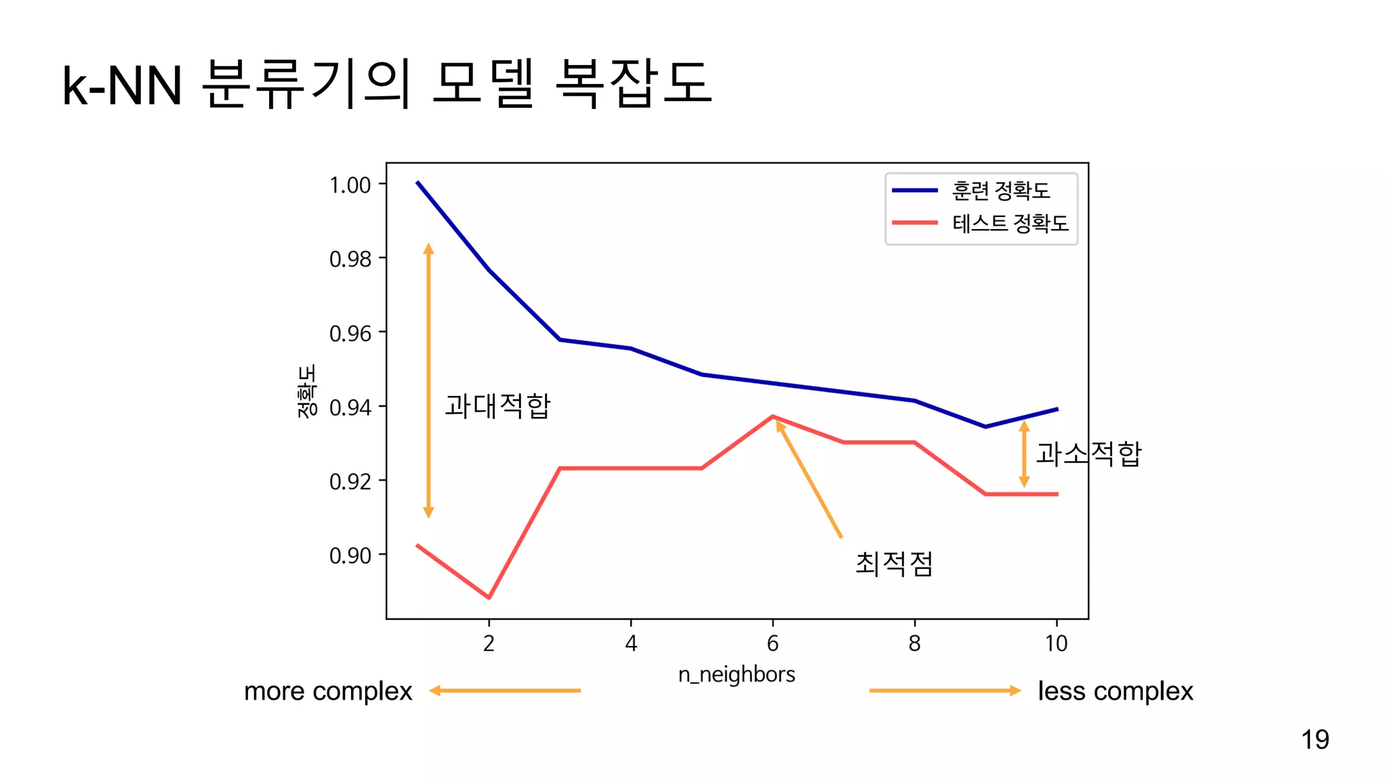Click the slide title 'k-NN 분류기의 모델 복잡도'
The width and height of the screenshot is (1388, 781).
386,84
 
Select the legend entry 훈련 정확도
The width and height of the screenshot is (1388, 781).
1000,191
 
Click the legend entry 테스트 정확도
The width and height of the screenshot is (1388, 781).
1010,223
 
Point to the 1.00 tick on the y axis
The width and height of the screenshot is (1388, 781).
350,184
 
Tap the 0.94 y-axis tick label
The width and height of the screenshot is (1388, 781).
350,407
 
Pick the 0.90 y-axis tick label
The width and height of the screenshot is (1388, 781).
350,555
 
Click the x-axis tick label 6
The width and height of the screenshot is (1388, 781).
773,643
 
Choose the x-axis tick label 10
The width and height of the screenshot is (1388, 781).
1056,643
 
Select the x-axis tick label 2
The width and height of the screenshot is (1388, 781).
489,643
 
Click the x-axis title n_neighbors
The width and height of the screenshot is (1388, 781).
737,674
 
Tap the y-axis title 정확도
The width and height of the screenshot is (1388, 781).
306,391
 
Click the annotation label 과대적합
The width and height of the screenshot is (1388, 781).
497,405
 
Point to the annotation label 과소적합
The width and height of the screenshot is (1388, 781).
1088,453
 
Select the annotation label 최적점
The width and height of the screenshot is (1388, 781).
894,563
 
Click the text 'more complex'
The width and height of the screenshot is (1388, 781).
328,691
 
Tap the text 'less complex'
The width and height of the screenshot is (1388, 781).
1115,691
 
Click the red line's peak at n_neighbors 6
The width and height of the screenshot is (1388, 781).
773,416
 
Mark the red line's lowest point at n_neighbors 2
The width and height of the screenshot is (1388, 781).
489,597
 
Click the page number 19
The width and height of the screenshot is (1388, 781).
1315,739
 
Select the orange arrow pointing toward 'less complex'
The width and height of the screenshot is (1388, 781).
945,690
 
